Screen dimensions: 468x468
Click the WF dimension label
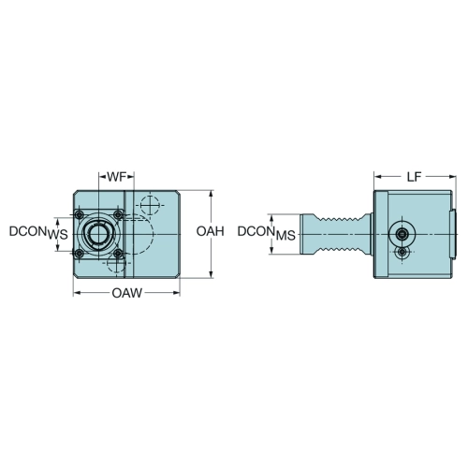pyautogui.click(x=116, y=177)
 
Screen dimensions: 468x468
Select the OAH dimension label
pyautogui.click(x=210, y=231)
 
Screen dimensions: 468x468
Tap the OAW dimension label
pyautogui.click(x=126, y=293)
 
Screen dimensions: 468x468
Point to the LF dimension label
pyautogui.click(x=415, y=177)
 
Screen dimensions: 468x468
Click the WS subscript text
pyautogui.click(x=57, y=235)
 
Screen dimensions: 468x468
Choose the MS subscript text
pyautogui.click(x=285, y=236)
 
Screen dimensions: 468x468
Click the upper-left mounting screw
pyautogui.click(x=80, y=214)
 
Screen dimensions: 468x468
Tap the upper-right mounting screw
pyautogui.click(x=118, y=214)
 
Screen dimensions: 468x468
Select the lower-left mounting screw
pyautogui.click(x=80, y=254)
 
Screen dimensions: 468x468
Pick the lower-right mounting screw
pyautogui.click(x=118, y=254)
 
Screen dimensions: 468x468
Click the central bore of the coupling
pyautogui.click(x=98, y=234)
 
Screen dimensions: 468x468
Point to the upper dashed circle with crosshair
pyautogui.click(x=150, y=205)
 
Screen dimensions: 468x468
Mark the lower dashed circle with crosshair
pyautogui.click(x=116, y=263)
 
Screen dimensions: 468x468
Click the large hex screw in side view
pyautogui.click(x=402, y=234)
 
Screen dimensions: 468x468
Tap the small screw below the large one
pyautogui.click(x=402, y=252)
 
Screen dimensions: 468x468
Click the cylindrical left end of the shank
pyautogui.click(x=308, y=234)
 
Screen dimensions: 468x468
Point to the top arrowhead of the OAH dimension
pyautogui.click(x=212, y=194)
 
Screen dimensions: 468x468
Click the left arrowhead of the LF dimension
pyautogui.click(x=378, y=177)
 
